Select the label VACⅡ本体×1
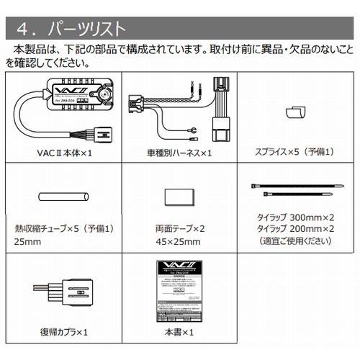pos(63,153)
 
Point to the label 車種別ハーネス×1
pos(178,153)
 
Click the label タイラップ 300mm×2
pos(297,216)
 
